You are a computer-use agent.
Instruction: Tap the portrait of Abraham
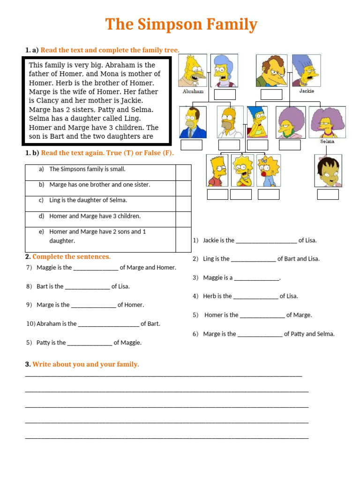[193, 70]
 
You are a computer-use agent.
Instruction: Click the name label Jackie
[306, 91]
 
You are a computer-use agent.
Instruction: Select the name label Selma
[327, 141]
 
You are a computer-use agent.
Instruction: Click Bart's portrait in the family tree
[217, 171]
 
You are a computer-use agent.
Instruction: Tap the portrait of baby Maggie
[269, 171]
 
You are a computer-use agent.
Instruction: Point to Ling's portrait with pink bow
[328, 171]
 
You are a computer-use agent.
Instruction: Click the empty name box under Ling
[328, 195]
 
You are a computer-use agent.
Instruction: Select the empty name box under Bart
[217, 195]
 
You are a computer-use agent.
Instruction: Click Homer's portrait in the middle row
[230, 122]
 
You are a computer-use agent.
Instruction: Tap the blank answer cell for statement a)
[183, 172]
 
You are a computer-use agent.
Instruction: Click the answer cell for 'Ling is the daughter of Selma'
[183, 203]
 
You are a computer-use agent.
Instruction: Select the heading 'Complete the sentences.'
[71, 257]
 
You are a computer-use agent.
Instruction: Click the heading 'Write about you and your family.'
[85, 364]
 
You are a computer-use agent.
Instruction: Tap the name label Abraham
[193, 92]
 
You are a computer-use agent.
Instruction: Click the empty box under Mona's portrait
[225, 95]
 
